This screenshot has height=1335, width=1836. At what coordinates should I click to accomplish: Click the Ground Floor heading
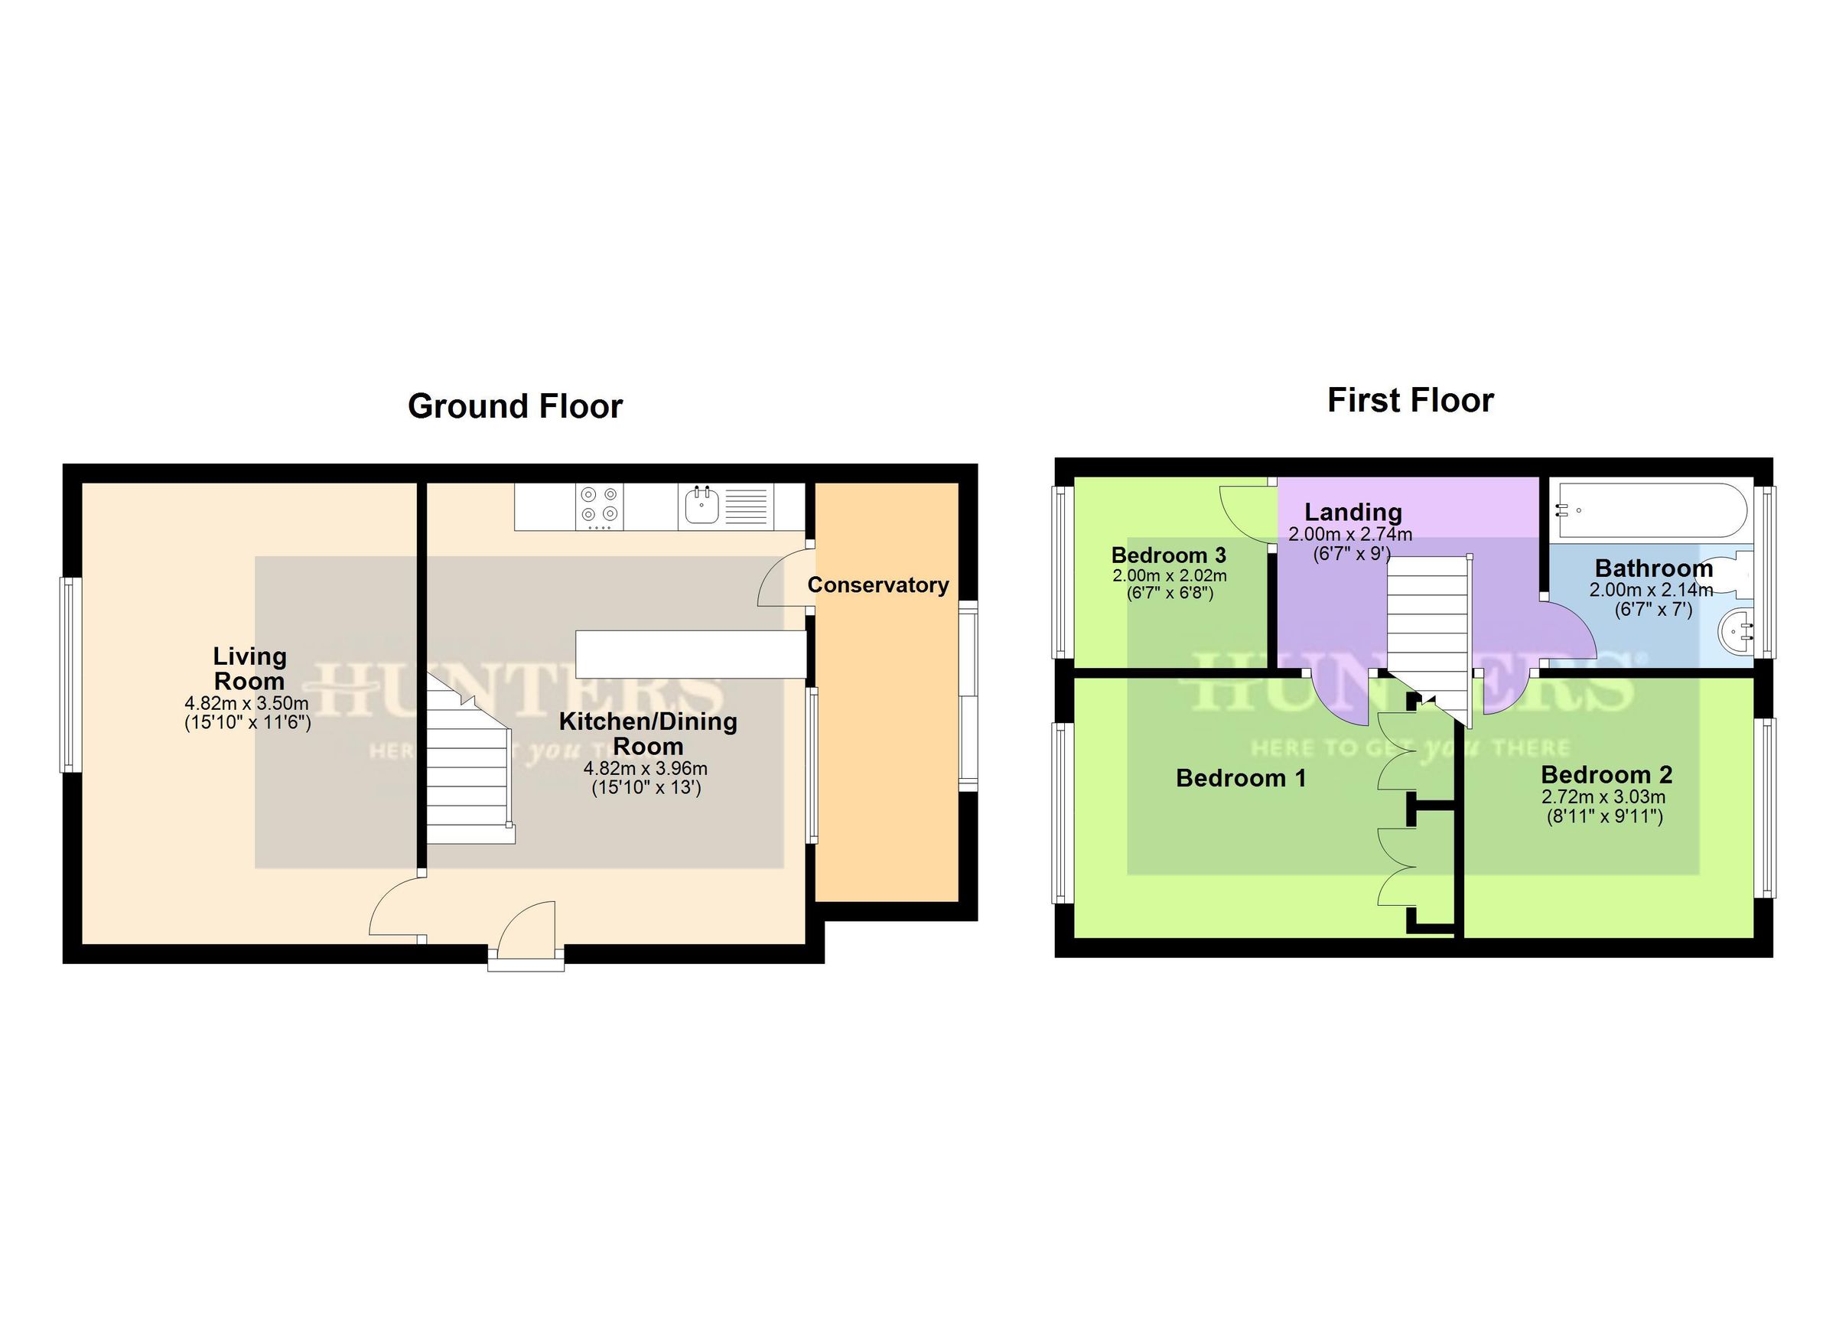click(515, 406)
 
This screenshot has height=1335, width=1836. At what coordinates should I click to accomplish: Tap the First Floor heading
click(1409, 401)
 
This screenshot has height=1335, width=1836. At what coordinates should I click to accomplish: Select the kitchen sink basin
click(701, 506)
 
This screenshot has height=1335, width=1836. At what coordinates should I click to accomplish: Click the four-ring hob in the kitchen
click(600, 504)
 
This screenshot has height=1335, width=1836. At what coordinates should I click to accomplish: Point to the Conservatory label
click(877, 585)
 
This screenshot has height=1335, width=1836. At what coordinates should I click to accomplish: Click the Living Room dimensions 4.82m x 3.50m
click(247, 703)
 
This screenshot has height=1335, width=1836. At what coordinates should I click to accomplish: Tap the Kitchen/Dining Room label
click(648, 734)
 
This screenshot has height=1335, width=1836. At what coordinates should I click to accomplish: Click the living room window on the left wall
click(69, 674)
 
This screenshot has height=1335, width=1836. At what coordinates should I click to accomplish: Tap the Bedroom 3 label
click(1168, 555)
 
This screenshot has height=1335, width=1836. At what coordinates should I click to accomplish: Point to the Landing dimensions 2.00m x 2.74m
click(1350, 534)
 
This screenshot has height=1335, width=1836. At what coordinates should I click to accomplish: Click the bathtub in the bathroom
click(1650, 511)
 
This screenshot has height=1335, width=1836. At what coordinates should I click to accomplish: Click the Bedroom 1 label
click(1240, 779)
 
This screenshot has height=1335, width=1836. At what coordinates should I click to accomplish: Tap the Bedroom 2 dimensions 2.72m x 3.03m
click(1603, 797)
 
